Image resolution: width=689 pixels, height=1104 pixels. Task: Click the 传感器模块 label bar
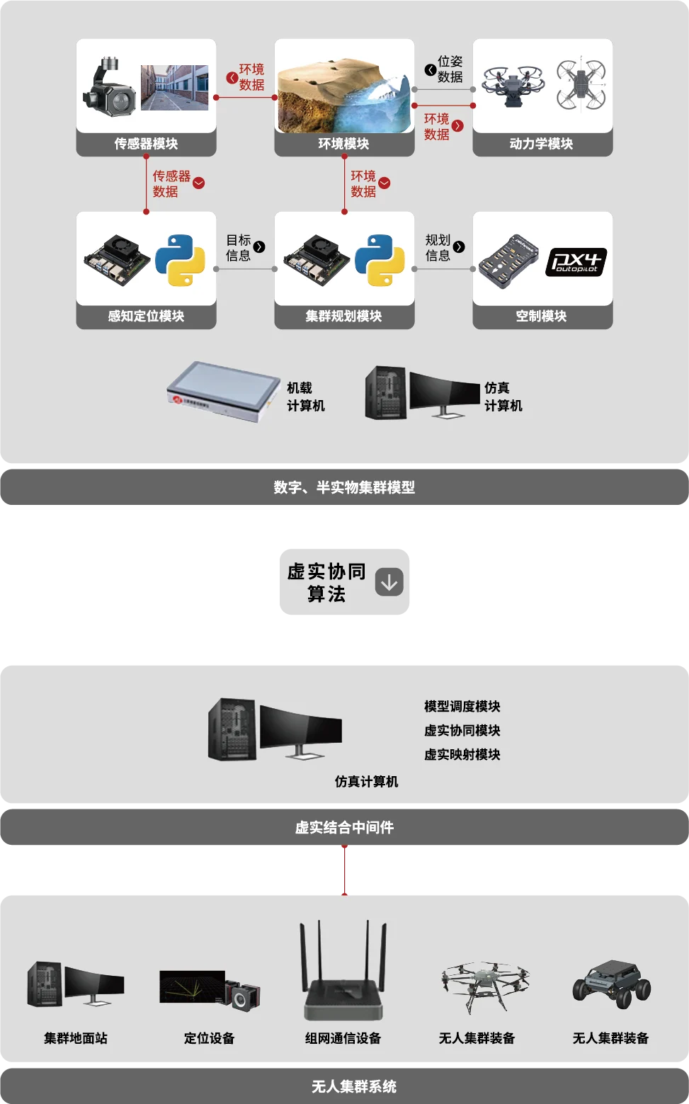tap(146, 144)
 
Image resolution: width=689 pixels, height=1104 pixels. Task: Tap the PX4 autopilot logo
tap(576, 262)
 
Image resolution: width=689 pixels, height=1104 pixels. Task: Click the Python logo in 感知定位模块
tap(180, 260)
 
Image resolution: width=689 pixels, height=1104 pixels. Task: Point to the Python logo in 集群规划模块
tap(380, 260)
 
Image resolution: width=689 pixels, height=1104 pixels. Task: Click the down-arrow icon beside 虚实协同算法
tap(389, 581)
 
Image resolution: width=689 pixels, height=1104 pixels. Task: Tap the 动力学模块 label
tap(542, 144)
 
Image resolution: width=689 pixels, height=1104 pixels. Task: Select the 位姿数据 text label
tap(450, 69)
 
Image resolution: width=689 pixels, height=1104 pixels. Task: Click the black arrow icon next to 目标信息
tap(259, 246)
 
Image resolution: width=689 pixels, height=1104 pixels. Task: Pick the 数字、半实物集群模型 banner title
tap(344, 487)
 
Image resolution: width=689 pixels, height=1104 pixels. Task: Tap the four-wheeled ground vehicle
tap(611, 982)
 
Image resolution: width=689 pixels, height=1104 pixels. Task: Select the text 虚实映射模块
tap(462, 754)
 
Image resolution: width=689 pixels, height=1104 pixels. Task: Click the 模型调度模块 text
tap(462, 706)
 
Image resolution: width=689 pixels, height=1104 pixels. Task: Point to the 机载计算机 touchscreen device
tap(223, 392)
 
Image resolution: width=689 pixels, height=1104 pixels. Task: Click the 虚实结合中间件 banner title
tap(344, 827)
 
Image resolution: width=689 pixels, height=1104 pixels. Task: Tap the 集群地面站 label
tap(76, 1038)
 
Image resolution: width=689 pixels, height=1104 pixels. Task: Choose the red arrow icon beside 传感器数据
tap(199, 183)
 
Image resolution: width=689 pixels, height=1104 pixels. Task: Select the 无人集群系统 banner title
tap(353, 1086)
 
